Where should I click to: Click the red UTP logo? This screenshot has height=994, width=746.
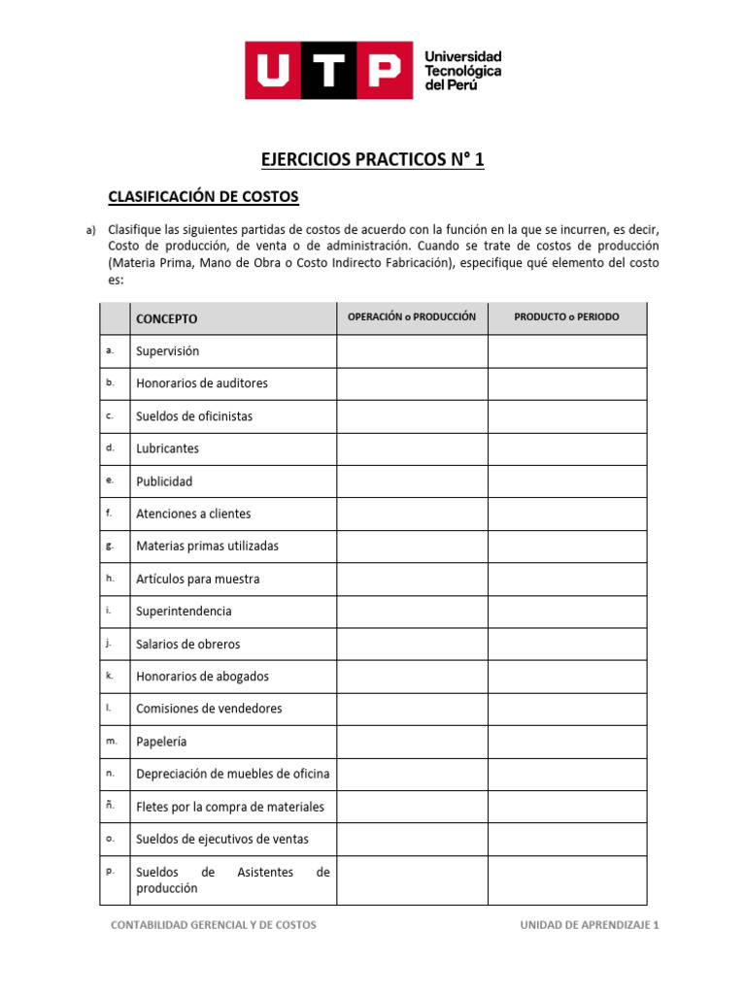(329, 70)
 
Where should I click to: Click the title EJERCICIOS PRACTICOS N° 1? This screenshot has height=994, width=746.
(373, 159)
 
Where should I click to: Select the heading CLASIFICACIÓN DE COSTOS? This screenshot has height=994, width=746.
(203, 197)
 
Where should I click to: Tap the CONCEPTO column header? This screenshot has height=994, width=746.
(167, 318)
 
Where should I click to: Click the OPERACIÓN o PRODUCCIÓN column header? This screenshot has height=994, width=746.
(412, 317)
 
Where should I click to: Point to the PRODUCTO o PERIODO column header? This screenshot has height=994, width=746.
(566, 317)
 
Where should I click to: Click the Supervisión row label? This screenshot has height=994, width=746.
(168, 351)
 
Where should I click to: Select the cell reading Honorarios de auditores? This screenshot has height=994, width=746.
(202, 383)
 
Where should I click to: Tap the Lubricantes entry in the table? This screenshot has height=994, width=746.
(168, 448)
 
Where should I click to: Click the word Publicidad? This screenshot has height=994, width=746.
(164, 481)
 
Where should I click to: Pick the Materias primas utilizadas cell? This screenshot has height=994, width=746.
(207, 547)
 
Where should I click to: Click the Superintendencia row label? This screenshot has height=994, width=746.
(184, 612)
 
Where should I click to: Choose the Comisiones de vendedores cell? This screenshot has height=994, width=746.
(209, 709)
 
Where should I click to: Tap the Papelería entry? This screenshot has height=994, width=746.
(161, 742)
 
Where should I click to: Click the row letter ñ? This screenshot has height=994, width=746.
(111, 806)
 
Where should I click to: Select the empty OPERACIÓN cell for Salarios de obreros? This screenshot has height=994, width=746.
(412, 644)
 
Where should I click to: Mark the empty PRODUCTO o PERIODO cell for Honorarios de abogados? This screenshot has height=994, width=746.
(566, 677)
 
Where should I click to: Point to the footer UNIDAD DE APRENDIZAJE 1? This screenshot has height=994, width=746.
(590, 925)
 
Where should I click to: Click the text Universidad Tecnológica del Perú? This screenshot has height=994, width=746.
(463, 70)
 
